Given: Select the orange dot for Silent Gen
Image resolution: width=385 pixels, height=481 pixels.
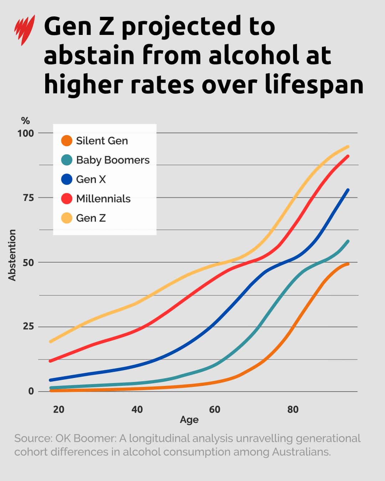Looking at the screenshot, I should tap(67, 141).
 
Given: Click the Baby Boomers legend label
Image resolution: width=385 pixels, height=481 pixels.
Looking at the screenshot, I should tap(113, 160).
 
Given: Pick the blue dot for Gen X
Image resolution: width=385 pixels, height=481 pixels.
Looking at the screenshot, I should tap(67, 179).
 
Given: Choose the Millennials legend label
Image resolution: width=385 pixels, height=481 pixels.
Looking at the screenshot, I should tap(103, 198).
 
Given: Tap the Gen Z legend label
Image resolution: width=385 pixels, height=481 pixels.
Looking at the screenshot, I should tap(91, 218).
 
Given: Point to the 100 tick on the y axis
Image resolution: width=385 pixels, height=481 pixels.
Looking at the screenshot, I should tap(26, 133).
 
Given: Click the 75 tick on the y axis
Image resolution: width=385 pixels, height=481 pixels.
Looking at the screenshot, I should tap(28, 198).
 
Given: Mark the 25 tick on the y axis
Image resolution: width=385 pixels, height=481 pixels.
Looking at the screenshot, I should tap(28, 326).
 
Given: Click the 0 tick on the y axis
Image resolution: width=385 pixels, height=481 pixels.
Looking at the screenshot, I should tap(31, 391).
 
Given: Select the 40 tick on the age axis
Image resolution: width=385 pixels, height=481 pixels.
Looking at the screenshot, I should tap(137, 409).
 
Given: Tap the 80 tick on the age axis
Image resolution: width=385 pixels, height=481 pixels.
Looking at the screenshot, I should tap(293, 409).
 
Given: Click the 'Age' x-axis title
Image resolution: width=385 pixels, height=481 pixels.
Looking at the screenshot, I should tap(189, 420).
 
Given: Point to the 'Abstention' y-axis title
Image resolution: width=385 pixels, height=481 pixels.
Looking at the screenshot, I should tap(12, 255).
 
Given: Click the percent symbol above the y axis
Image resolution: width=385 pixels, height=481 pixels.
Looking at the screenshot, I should tap(25, 121).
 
